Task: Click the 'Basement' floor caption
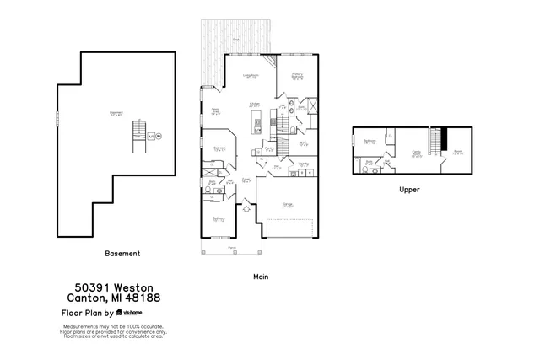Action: coord(122,253)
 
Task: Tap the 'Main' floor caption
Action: coord(260,276)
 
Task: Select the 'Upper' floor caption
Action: coord(409,190)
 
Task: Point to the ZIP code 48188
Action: coord(143,298)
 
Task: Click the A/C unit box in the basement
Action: coord(150,135)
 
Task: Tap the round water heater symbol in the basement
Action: coord(159,135)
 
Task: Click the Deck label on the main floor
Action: coord(236,40)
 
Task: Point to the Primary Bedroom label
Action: coord(297,75)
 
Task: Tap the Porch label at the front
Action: coord(231,248)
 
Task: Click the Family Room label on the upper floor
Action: coord(415,153)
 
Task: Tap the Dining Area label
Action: coord(215,110)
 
